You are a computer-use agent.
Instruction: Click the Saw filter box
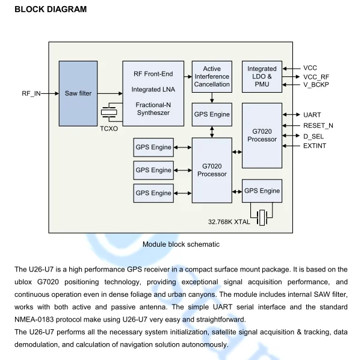(x=78, y=93)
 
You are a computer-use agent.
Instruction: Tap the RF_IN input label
(x=31, y=94)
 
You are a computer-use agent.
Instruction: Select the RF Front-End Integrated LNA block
(x=153, y=93)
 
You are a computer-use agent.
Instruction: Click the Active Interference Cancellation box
(x=212, y=77)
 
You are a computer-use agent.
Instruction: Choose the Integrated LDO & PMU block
(x=262, y=76)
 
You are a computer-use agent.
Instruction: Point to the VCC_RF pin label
(x=316, y=76)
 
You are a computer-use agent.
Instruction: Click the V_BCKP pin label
(x=316, y=85)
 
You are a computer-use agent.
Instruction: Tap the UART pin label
(x=312, y=114)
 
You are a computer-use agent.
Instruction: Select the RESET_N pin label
(x=318, y=125)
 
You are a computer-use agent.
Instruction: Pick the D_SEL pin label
(x=313, y=136)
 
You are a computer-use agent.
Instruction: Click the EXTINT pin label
(x=315, y=146)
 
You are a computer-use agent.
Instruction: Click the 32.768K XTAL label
(x=229, y=222)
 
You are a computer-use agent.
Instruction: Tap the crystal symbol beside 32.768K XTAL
(x=262, y=217)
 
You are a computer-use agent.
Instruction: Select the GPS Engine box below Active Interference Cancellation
(x=212, y=114)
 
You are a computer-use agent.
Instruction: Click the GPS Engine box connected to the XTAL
(x=262, y=191)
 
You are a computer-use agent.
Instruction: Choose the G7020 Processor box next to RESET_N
(x=262, y=135)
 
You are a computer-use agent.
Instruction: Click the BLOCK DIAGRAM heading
(x=51, y=9)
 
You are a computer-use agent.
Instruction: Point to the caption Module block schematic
(x=181, y=244)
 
